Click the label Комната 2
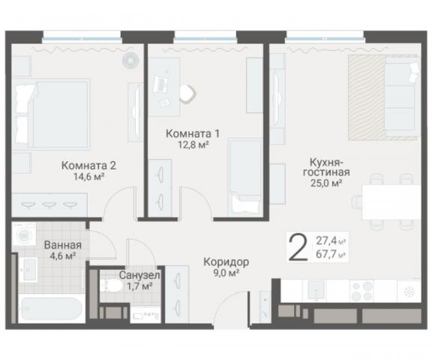tap(88, 166)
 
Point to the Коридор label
tap(226, 262)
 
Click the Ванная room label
tap(62, 244)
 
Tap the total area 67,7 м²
tap(332, 255)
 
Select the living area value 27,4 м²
tap(332, 241)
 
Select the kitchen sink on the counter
tap(318, 290)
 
